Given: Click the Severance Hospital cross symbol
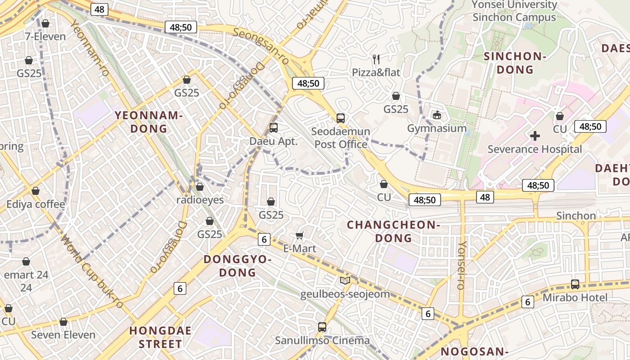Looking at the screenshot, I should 535,135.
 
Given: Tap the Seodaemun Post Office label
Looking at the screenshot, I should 341,138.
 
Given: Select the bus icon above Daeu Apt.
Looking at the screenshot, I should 273,128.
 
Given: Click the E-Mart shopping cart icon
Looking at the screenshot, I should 299,235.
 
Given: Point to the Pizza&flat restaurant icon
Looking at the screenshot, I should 376,59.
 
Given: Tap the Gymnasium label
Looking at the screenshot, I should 436,128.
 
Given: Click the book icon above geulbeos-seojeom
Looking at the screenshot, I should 345,281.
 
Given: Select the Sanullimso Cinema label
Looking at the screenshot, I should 322,340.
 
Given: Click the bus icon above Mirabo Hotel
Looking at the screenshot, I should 575,284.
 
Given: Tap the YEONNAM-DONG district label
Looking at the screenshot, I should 148,122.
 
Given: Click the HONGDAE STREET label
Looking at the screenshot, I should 161,337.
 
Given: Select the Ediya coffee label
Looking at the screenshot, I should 36,204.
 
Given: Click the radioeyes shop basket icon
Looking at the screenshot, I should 200,187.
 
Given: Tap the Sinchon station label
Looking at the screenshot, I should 576,216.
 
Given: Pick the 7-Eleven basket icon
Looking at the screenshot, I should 45,23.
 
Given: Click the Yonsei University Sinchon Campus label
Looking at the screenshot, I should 514,11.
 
